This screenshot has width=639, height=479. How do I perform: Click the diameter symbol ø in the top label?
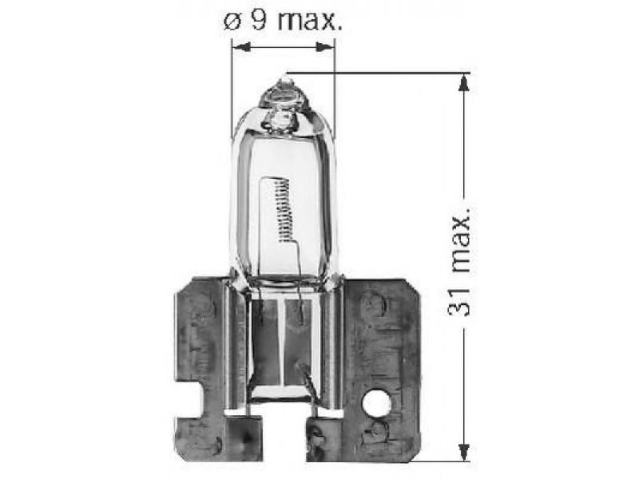point(232,23)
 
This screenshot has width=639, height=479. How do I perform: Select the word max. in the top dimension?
point(310,21)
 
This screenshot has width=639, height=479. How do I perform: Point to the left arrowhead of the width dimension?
point(241,47)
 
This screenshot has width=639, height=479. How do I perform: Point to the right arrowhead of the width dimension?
point(325,47)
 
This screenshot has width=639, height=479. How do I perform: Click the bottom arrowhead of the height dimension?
point(463,453)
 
